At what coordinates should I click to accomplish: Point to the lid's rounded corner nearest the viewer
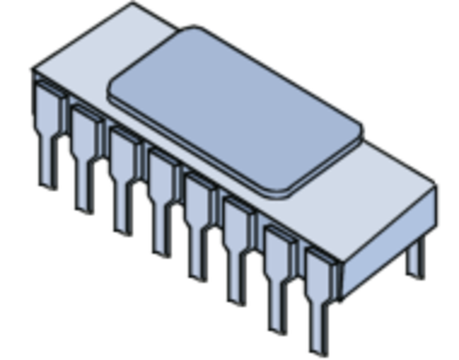click(x=281, y=192)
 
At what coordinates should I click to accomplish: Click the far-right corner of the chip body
click(x=436, y=182)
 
